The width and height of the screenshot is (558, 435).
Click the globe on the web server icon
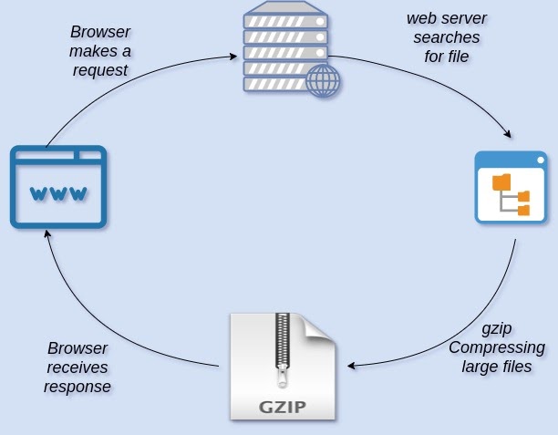point(323,81)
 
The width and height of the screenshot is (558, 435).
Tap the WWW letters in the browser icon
point(58,193)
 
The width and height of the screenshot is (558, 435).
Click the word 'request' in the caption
point(100,70)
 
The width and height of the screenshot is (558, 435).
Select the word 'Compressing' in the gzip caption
point(497,347)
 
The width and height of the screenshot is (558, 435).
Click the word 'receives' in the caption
point(78,368)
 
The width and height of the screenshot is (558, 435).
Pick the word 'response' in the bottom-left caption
point(78,387)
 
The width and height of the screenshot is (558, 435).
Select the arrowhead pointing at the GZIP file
point(350,368)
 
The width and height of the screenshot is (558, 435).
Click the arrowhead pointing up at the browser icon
point(47,233)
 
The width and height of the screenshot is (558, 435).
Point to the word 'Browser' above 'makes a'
point(100,31)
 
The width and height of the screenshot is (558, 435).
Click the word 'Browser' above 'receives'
point(77,348)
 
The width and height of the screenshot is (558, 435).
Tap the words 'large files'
point(497,368)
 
